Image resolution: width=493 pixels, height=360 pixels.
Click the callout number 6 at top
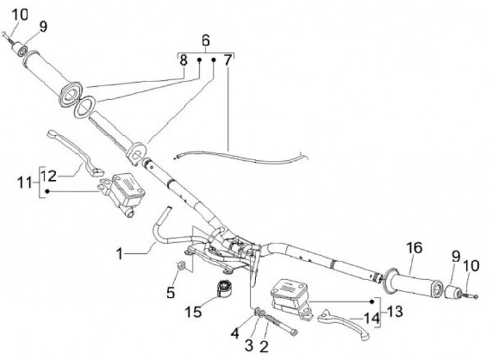pyautogui.click(x=205, y=40)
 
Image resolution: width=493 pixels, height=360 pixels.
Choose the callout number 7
pyautogui.click(x=227, y=60)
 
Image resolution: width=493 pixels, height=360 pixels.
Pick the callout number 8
pyautogui.click(x=184, y=60)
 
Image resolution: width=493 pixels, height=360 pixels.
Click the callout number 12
pyautogui.click(x=48, y=175)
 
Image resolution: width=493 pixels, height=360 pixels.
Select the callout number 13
pyautogui.click(x=396, y=311)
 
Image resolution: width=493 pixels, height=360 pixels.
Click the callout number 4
pyautogui.click(x=235, y=333)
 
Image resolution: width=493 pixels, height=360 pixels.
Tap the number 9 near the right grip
pyautogui.click(x=455, y=257)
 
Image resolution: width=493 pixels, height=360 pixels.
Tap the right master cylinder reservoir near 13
pyautogui.click(x=288, y=291)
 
